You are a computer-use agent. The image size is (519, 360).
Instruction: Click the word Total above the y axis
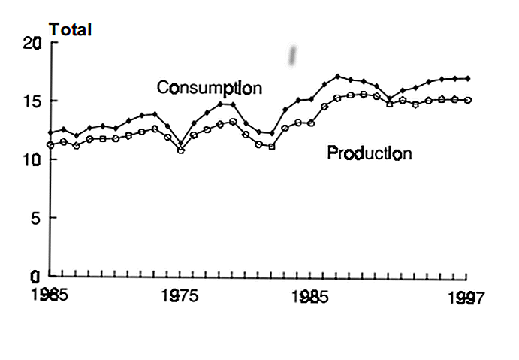[x=70, y=30]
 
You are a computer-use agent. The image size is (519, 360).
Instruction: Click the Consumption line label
[x=210, y=88]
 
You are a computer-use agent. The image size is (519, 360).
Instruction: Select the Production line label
[x=370, y=153]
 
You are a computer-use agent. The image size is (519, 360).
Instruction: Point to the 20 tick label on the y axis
[x=32, y=43]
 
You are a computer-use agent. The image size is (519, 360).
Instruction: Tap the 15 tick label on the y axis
[x=32, y=101]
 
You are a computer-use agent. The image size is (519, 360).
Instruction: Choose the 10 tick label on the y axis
[x=32, y=159]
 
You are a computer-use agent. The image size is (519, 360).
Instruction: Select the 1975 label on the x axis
[x=180, y=295]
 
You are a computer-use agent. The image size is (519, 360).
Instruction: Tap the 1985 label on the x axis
[x=309, y=295]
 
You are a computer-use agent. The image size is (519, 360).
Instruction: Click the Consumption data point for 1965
[x=50, y=132]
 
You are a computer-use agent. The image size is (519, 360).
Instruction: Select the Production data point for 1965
[x=50, y=145]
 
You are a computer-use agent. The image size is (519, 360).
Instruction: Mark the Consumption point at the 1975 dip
[x=180, y=141]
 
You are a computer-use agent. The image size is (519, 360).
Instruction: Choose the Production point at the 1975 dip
[x=180, y=150]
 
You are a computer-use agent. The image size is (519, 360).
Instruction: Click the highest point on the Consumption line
[x=338, y=76]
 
